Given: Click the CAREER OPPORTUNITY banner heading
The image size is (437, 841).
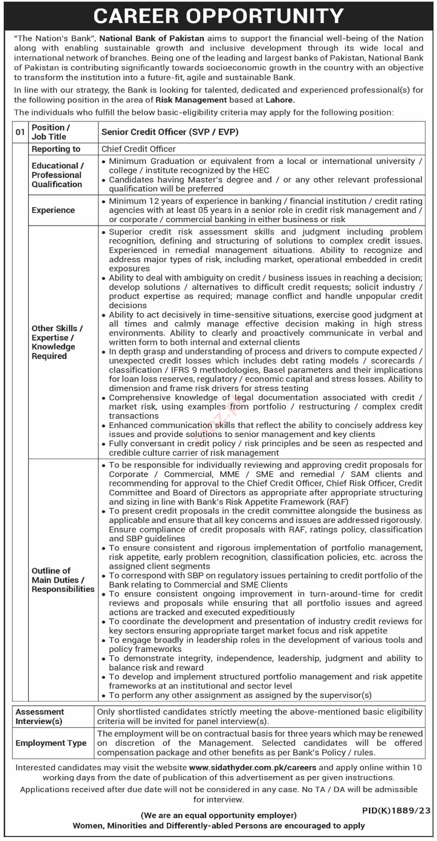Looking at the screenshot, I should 218,16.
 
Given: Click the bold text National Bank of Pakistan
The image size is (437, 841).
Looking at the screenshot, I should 152,39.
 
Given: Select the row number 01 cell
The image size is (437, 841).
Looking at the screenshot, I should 20,132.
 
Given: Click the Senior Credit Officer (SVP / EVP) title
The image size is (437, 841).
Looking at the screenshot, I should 170,132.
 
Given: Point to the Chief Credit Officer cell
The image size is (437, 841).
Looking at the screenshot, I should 138,149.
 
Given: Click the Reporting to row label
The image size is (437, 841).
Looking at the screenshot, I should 56,149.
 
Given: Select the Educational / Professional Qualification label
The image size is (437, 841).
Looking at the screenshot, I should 57,175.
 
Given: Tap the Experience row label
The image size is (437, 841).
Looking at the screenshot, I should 53,210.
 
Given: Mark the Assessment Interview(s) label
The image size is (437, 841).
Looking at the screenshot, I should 39,716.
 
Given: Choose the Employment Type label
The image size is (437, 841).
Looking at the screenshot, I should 51,743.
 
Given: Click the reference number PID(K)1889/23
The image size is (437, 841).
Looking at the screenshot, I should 396,810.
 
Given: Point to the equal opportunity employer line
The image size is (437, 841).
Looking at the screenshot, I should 218,815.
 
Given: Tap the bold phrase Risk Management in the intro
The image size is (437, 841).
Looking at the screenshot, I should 191,100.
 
